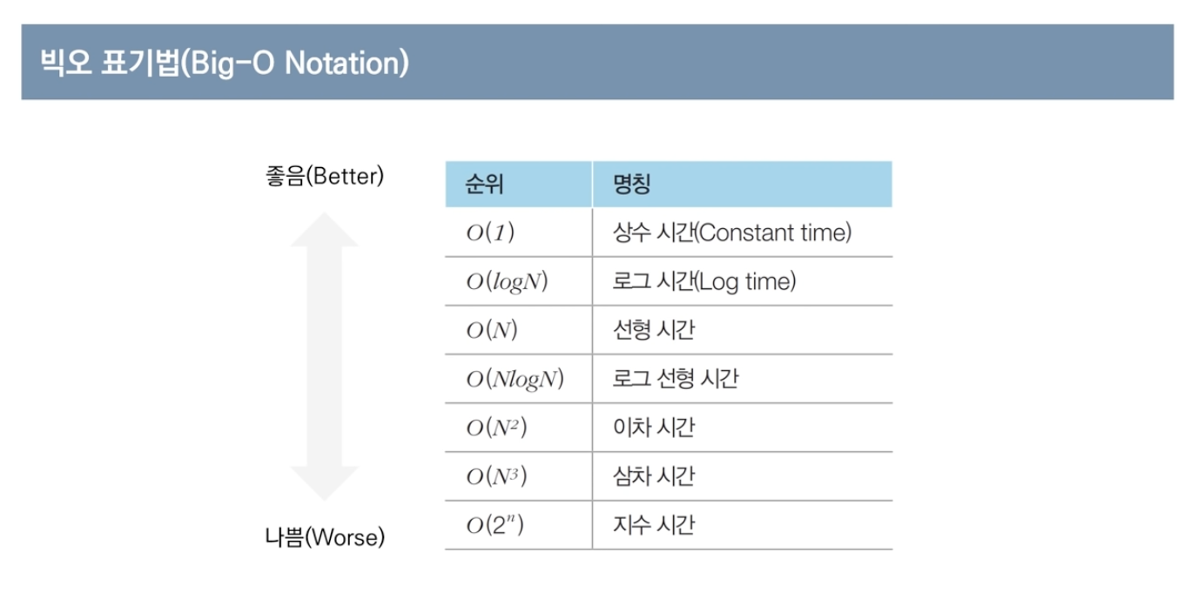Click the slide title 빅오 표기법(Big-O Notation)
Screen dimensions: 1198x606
[x=225, y=63]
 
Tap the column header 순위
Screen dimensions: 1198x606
[x=484, y=184]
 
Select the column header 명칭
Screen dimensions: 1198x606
[x=631, y=184]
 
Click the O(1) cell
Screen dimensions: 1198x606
[x=490, y=232]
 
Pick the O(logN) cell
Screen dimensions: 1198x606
[x=507, y=282]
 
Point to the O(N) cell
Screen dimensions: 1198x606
[x=492, y=330]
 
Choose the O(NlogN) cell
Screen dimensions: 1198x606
[x=515, y=380]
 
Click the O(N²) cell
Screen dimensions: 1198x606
[x=496, y=428]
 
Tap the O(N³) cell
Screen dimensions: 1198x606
[x=496, y=476]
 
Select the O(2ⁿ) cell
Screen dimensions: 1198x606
[x=495, y=525]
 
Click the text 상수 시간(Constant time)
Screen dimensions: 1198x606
[x=732, y=232]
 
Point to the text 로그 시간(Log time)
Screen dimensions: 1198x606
[x=704, y=282]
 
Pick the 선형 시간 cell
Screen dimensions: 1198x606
[x=654, y=330]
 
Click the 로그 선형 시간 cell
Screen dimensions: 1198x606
[x=676, y=379]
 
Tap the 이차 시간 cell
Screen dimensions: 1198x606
[x=654, y=428]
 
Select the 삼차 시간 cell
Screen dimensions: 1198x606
[x=654, y=476]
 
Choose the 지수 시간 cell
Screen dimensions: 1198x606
[x=654, y=525]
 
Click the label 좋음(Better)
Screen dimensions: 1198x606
[x=325, y=176]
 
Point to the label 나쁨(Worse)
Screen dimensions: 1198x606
[x=325, y=537]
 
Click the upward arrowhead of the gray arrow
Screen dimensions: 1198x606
[x=324, y=230]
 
